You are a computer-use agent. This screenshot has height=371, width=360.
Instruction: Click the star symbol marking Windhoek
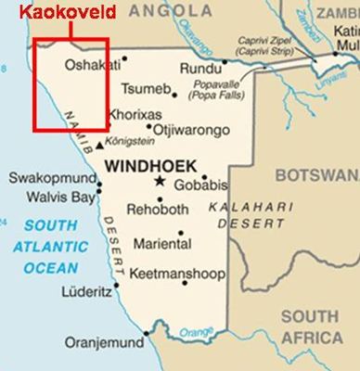tap(160, 181)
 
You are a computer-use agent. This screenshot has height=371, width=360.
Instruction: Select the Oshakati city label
tap(94, 65)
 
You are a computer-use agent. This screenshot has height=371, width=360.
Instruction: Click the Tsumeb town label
tap(148, 91)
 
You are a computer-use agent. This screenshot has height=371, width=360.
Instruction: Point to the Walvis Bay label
tap(53, 197)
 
